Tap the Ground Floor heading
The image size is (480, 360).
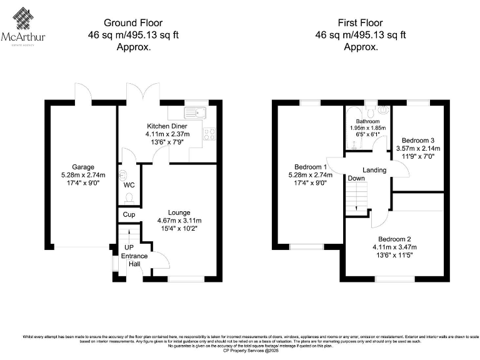tap(133, 22)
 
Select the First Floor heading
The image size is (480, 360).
tap(360, 22)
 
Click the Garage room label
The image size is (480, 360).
tap(82, 167)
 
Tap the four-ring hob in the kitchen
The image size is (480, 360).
tap(209, 134)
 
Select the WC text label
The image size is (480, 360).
tap(129, 186)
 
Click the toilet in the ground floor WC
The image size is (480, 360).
tap(129, 198)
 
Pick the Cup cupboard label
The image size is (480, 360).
tap(129, 214)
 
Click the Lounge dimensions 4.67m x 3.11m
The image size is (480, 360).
tap(179, 221)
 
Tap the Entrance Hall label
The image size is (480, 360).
tap(135, 260)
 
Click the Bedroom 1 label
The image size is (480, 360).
tap(310, 167)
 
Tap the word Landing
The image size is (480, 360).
tap(374, 170)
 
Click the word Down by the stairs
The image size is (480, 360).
tap(357, 178)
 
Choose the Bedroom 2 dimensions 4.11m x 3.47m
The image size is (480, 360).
tap(395, 247)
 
